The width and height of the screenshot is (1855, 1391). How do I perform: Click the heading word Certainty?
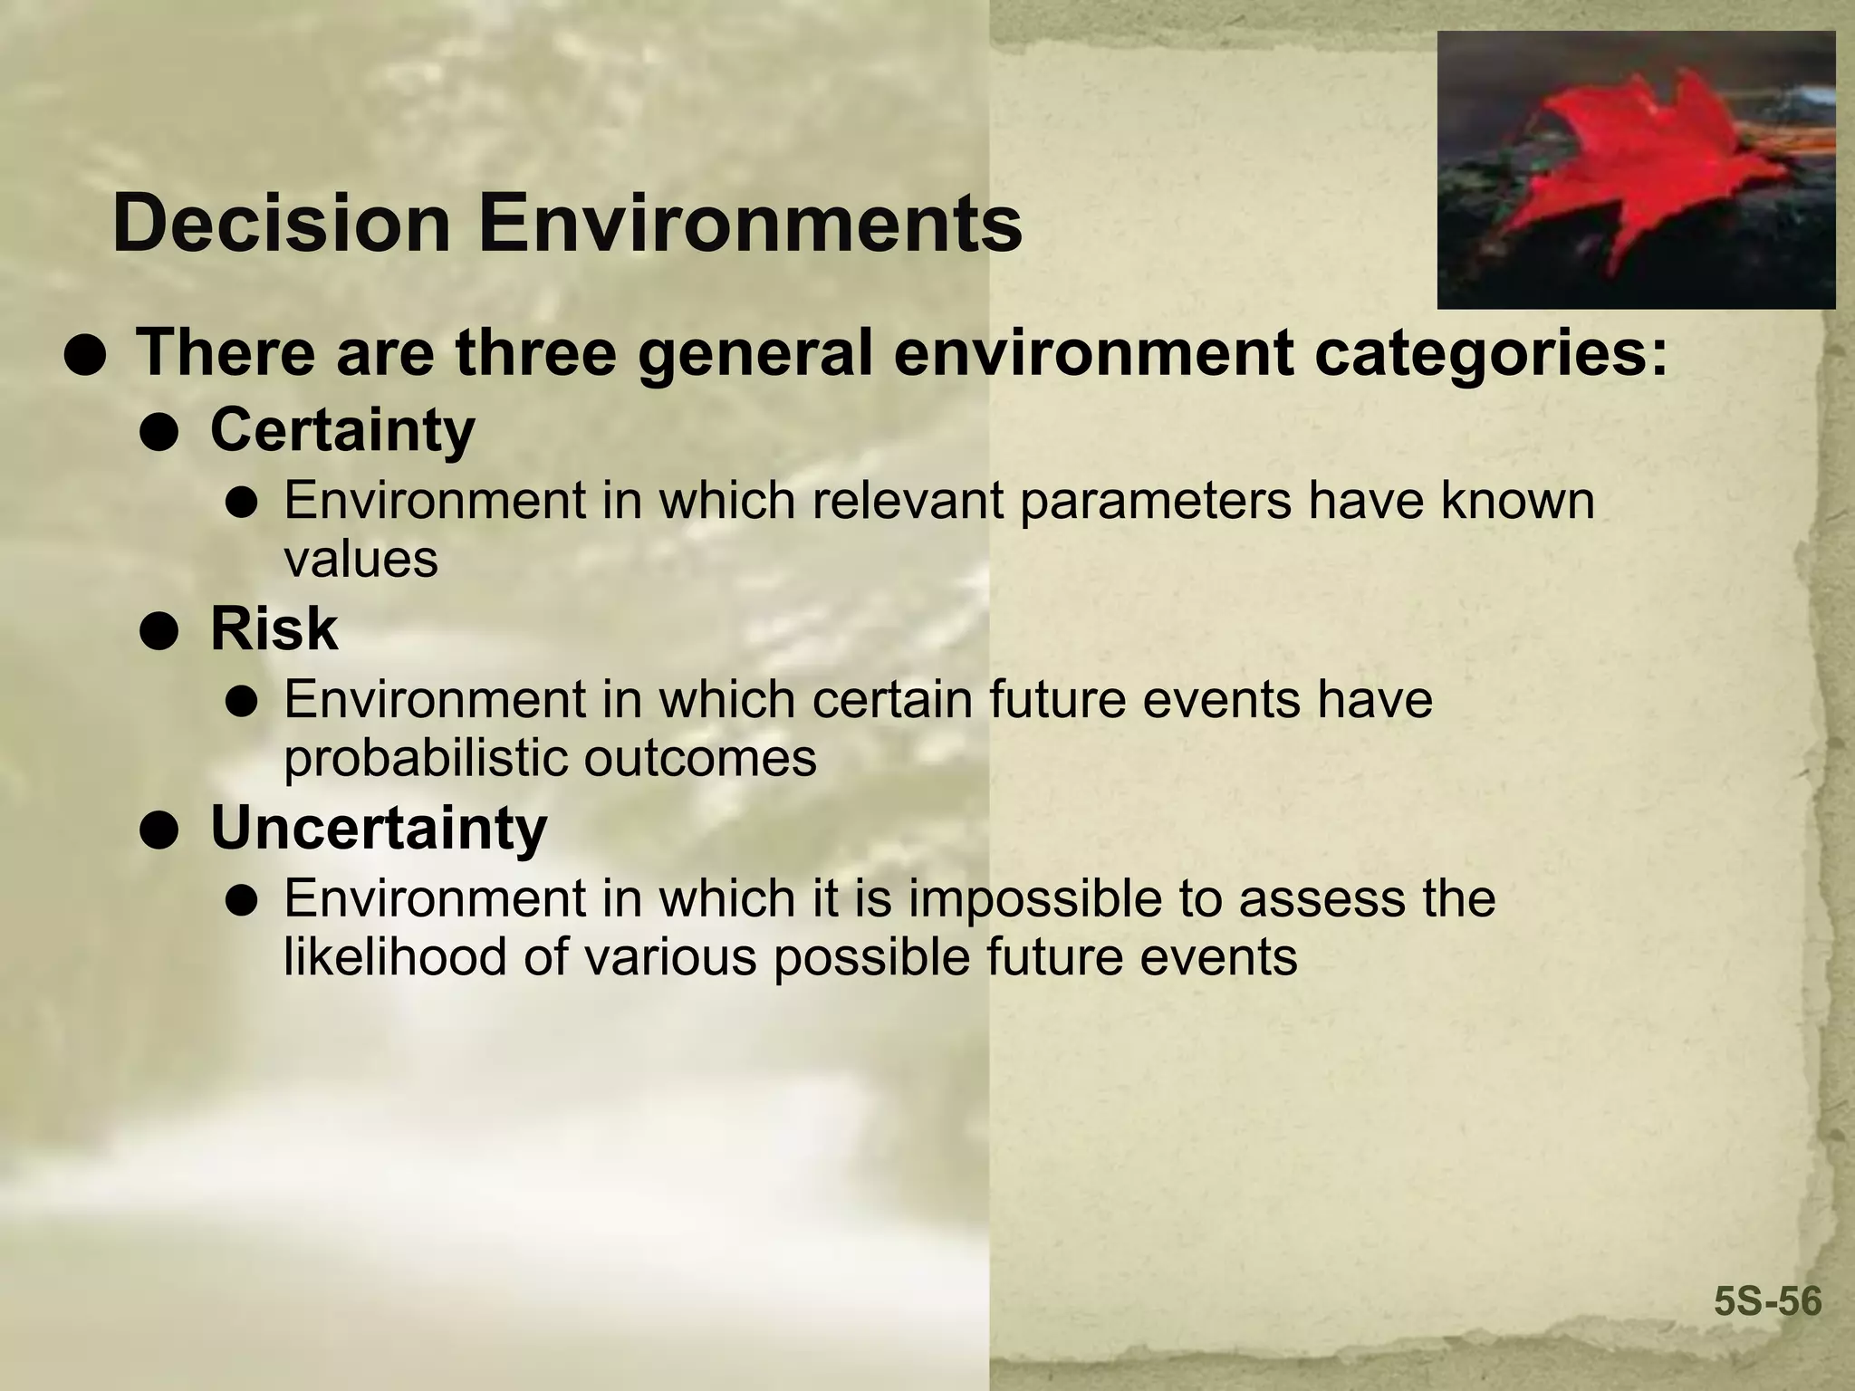342,431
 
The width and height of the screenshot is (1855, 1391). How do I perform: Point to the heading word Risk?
274,628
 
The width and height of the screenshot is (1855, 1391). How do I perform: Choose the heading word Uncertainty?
379,828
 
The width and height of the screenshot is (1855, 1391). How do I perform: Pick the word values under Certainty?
360,559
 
